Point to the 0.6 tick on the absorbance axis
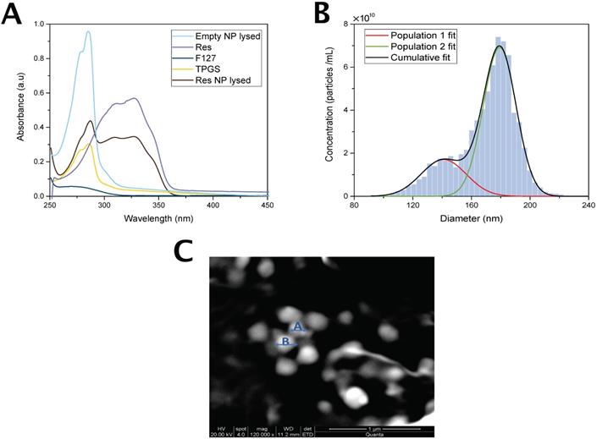click(x=37, y=93)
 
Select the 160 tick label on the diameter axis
click(x=471, y=206)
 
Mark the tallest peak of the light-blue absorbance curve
click(x=88, y=32)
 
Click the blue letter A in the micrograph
click(x=296, y=326)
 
